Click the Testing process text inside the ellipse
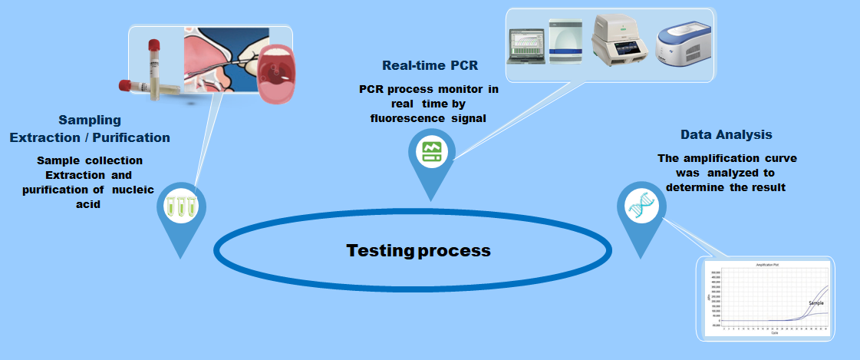click(x=418, y=250)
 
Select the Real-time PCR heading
click(x=435, y=64)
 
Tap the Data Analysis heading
click(x=727, y=135)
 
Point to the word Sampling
click(x=90, y=120)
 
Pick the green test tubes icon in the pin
click(x=179, y=206)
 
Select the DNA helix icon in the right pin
click(x=639, y=207)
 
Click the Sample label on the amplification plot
click(x=816, y=303)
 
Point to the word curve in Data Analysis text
click(x=780, y=158)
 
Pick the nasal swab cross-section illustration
click(x=219, y=65)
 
